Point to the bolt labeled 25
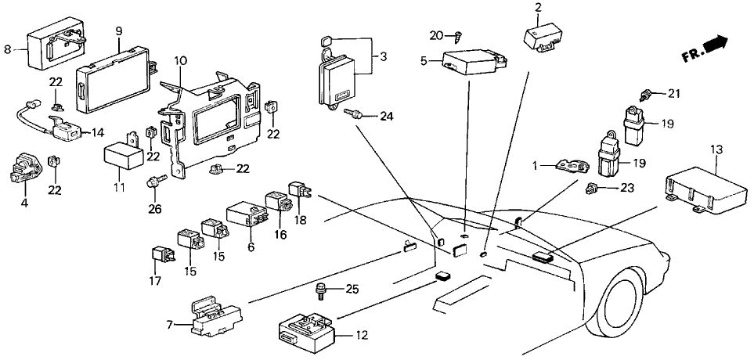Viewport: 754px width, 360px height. point(322,291)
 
